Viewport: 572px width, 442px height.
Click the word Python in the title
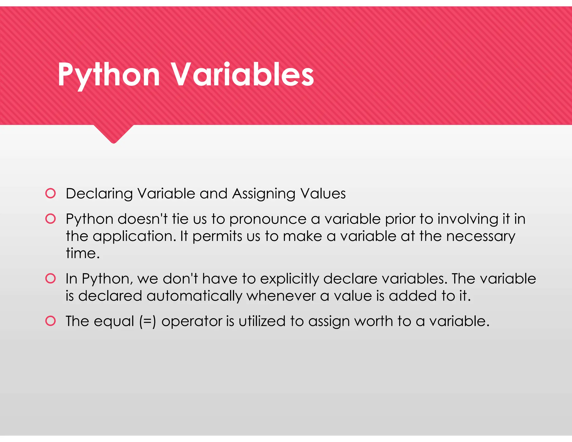109,75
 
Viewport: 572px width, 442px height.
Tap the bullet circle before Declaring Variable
51,193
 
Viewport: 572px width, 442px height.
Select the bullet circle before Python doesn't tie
51,219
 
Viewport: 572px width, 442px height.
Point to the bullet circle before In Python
51,279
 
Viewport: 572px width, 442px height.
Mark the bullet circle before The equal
51,321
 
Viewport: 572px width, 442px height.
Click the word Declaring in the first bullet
99,194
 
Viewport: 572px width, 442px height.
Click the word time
82,253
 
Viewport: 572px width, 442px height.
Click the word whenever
281,296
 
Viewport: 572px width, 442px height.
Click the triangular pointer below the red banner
113,134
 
